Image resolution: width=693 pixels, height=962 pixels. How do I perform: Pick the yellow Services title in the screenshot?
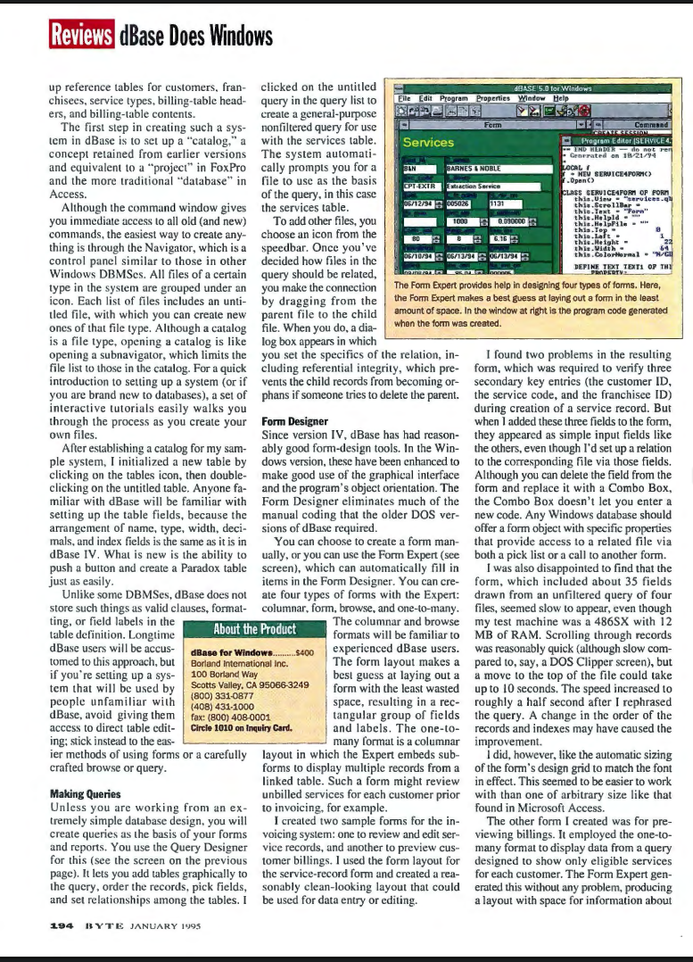[428, 142]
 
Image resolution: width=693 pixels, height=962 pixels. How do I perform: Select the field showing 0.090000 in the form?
[512, 220]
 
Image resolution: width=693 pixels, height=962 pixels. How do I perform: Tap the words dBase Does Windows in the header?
[194, 36]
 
